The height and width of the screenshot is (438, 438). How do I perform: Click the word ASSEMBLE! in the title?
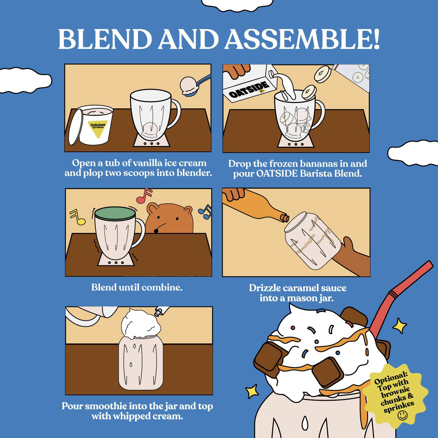[302, 39]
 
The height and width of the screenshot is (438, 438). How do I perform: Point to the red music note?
[144, 196]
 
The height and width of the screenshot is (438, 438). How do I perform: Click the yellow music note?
[77, 217]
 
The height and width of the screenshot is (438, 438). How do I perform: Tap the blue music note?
[205, 212]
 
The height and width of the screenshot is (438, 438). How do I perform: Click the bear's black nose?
[156, 231]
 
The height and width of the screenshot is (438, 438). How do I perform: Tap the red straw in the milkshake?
[400, 298]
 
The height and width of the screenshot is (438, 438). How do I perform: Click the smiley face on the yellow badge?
[403, 415]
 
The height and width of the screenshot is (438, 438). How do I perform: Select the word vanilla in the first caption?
[147, 163]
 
